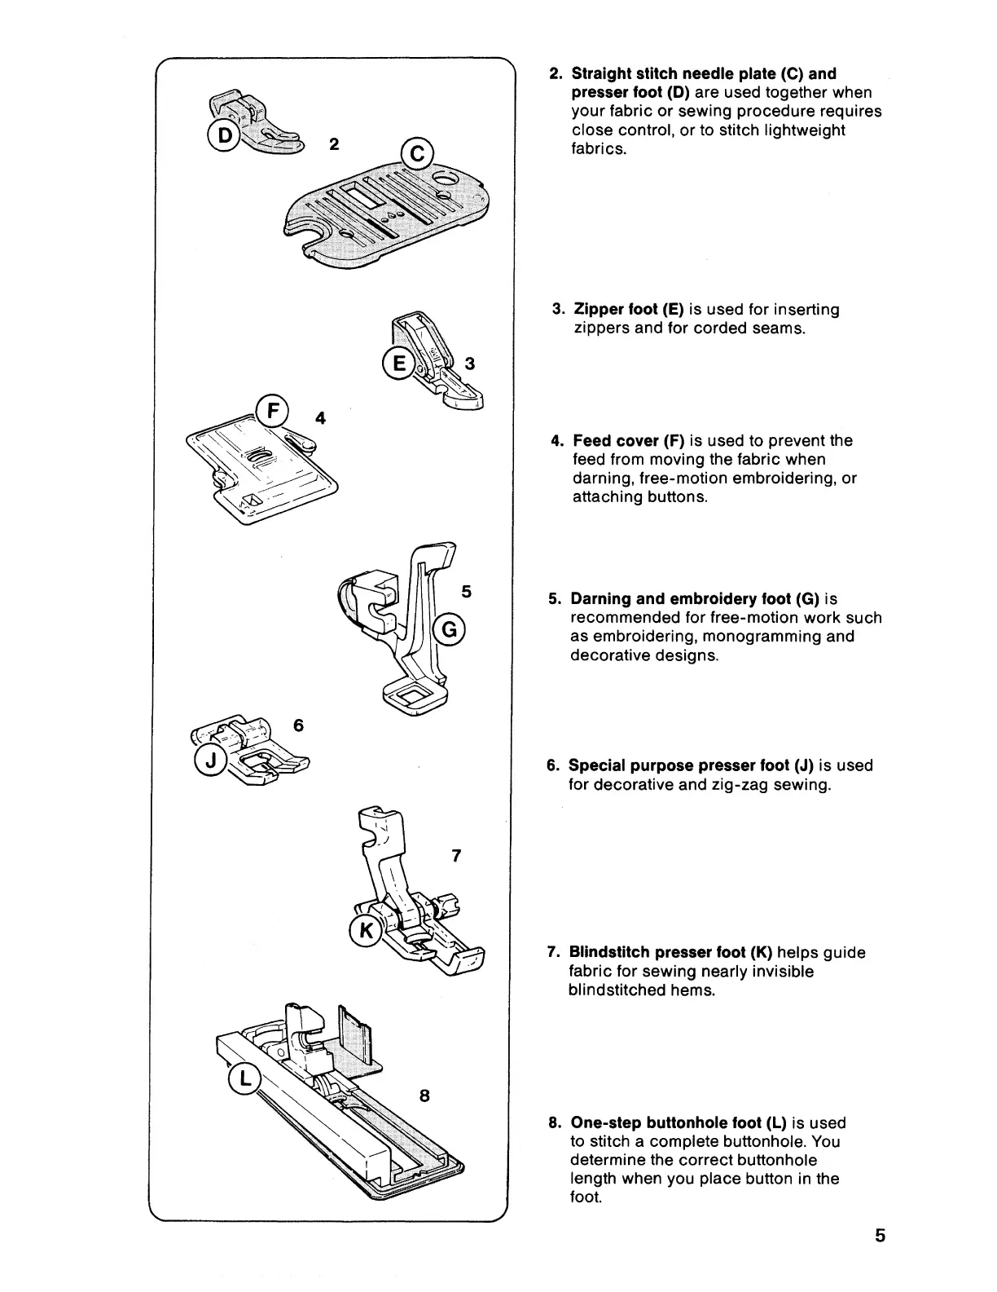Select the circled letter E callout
(398, 364)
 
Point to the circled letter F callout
(270, 410)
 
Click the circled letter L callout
(244, 1079)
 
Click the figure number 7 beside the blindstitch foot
(456, 856)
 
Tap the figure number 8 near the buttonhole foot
(424, 1096)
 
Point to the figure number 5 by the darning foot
(466, 592)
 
